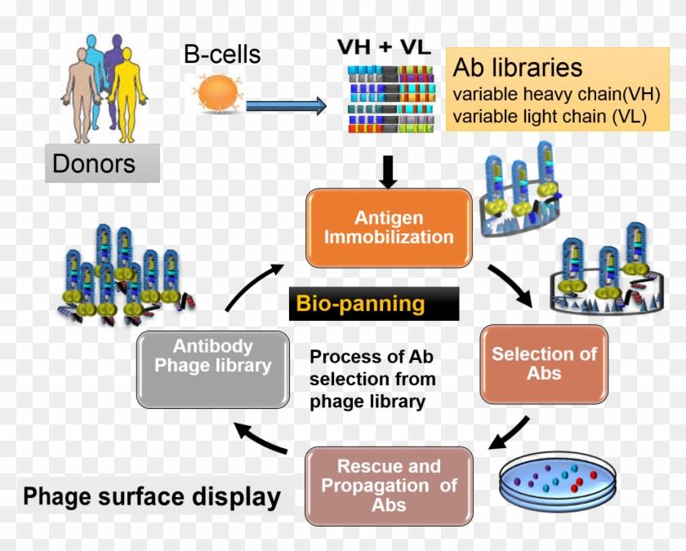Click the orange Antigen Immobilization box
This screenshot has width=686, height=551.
[x=389, y=229]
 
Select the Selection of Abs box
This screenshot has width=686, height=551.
[x=544, y=364]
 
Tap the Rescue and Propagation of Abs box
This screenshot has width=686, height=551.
[x=389, y=486]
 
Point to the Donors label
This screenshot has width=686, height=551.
[x=94, y=163]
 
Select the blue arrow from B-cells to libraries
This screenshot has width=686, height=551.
[x=285, y=105]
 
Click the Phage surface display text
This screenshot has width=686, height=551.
[x=152, y=496]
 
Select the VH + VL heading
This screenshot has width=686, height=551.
[x=384, y=47]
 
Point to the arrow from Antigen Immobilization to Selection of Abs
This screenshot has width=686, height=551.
[x=512, y=286]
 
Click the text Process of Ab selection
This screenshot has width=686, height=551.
[x=372, y=379]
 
